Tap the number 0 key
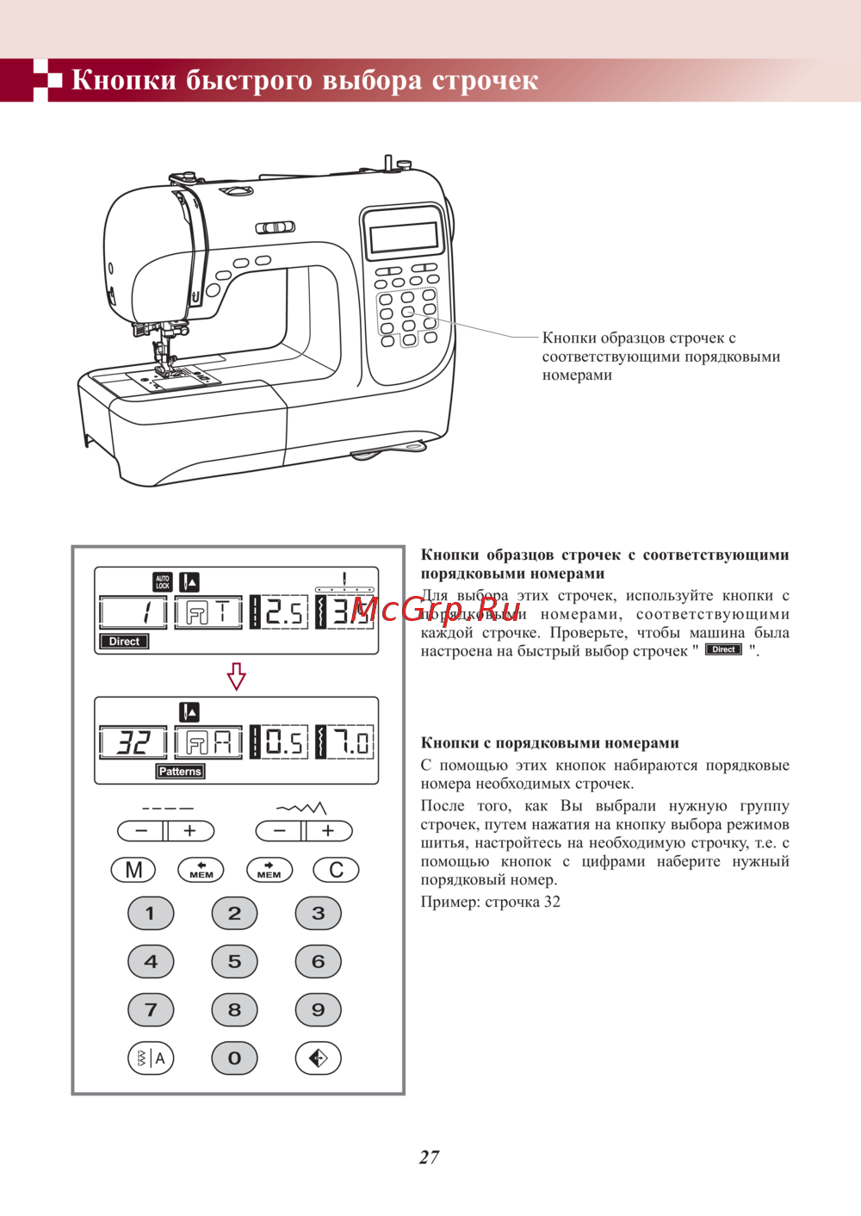pos(234,1058)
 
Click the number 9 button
pos(318,1010)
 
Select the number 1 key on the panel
pos(151,914)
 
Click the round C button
pos(336,870)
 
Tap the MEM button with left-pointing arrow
pos(201,870)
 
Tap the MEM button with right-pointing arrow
pos(269,870)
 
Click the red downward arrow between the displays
pos(237,676)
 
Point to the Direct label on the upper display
pos(124,642)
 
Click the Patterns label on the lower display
pos(180,772)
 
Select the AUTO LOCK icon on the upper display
pos(163,582)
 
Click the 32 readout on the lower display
pos(133,742)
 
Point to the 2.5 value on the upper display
pos(283,612)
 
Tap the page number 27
pos(430,1157)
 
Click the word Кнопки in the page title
pos(124,80)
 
